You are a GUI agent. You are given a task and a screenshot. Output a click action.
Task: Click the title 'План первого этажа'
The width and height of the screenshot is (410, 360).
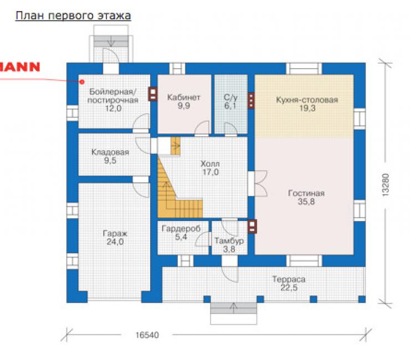point(73,16)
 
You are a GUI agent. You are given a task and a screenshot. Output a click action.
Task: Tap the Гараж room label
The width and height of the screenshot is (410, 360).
point(115,234)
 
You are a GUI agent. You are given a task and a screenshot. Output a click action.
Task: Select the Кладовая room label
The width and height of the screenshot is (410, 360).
point(110,152)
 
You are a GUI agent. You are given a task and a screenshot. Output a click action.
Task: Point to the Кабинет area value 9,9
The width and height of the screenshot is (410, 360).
point(184,106)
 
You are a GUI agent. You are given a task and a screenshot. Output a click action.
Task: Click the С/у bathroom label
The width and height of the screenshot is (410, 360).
point(230,98)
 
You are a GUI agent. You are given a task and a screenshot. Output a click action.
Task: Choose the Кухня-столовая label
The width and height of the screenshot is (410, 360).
point(307,100)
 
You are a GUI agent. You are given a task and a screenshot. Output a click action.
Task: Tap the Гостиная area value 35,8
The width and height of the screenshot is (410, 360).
point(306,202)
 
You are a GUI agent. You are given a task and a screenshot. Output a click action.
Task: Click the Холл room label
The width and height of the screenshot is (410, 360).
point(210,164)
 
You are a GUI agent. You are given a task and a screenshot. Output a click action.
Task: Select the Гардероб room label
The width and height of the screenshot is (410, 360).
point(181,229)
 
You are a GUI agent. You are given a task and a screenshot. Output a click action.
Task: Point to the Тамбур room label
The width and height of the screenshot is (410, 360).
point(229,241)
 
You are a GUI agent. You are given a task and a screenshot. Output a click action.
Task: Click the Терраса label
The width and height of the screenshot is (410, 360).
point(289,280)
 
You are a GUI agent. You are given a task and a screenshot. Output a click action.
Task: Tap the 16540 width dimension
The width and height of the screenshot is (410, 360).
point(147,335)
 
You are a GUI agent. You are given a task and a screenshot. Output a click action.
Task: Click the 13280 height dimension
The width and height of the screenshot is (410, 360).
point(386,185)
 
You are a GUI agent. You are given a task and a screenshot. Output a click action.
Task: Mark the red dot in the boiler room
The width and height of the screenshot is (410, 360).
point(82,82)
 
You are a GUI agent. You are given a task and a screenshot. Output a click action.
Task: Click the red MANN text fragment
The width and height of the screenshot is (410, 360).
point(19,67)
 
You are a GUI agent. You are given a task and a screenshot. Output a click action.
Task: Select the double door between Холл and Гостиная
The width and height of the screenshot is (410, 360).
point(258,183)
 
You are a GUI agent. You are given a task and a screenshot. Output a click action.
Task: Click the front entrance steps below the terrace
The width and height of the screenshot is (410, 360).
point(234,313)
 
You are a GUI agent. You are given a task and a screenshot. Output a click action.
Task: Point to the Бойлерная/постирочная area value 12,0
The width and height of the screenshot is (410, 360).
point(113,108)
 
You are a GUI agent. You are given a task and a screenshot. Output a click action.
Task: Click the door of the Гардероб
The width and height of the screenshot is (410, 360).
point(203,239)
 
